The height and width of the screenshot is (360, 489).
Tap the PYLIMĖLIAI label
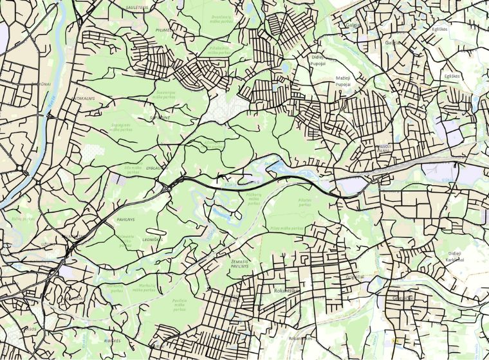[165, 30]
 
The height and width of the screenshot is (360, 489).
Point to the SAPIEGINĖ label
[159, 118]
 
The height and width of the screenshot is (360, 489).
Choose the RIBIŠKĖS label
[113, 339]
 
